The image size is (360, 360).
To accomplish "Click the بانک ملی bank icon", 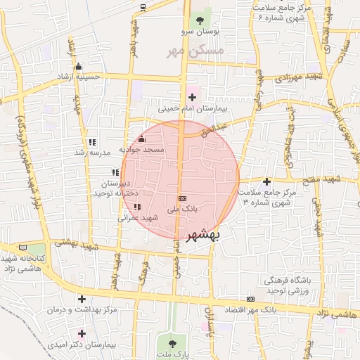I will tap(182, 199).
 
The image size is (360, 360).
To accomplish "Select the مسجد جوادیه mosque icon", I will tap(142, 139).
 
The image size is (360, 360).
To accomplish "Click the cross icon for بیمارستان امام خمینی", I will tap(192, 97).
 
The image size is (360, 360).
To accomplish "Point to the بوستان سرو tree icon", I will tap(200, 20).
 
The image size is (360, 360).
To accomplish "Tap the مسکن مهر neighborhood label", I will tap(195, 51).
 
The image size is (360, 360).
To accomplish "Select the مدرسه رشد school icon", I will tap(91, 141).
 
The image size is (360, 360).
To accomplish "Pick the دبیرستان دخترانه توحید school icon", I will tap(115, 172).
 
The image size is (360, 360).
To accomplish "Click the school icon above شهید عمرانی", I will tap(136, 207).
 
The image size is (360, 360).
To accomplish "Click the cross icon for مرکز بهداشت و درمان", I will tap(82, 300).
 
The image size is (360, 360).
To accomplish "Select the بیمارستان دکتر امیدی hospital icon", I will tap(82, 333).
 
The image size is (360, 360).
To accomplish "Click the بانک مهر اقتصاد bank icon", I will tap(251, 300).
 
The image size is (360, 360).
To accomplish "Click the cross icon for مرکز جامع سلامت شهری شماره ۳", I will tap(267, 181).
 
